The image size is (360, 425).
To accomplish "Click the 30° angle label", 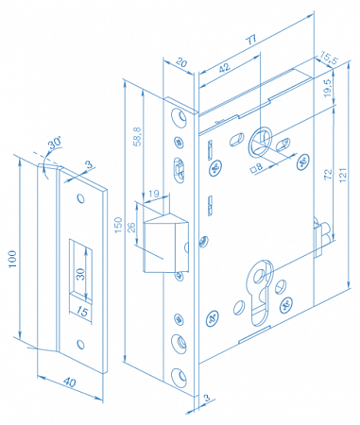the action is [54, 144].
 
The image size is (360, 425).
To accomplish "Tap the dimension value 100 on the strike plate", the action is [12, 259].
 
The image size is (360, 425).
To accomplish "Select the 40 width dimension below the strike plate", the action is [70, 382].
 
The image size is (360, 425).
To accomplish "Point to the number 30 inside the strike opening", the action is [81, 274].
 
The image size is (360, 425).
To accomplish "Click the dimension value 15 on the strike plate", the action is [82, 312].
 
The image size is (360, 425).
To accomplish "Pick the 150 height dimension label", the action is [118, 225].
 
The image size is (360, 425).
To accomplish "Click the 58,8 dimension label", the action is [138, 137].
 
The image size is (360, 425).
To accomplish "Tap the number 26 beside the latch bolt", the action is [131, 227].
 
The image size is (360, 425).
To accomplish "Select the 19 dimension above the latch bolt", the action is [154, 194].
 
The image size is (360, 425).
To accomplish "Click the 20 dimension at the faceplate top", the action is [181, 62].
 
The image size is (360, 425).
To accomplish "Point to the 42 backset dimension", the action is [224, 68].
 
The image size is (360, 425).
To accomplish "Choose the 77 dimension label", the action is [251, 40].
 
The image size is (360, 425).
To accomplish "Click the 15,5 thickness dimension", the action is [329, 59].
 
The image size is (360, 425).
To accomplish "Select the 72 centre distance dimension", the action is [328, 174].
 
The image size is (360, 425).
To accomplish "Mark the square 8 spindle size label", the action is [256, 167].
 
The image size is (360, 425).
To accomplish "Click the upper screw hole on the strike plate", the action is [81, 198].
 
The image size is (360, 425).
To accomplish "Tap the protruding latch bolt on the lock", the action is [166, 243].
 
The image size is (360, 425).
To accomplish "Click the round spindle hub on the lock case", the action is [261, 142].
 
